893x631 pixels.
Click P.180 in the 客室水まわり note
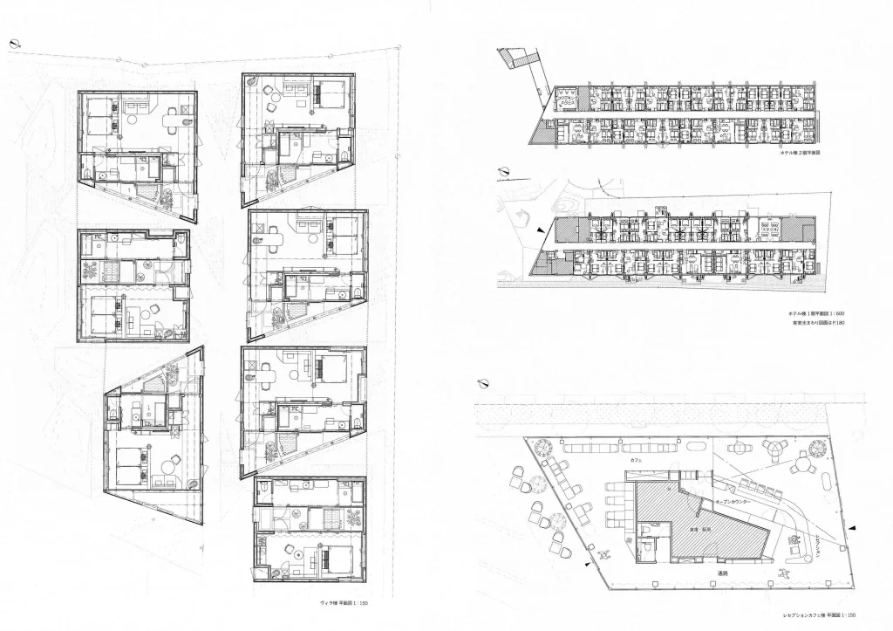coord(837,323)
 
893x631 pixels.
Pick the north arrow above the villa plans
coord(15,43)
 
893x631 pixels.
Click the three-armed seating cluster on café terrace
coord(774,449)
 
